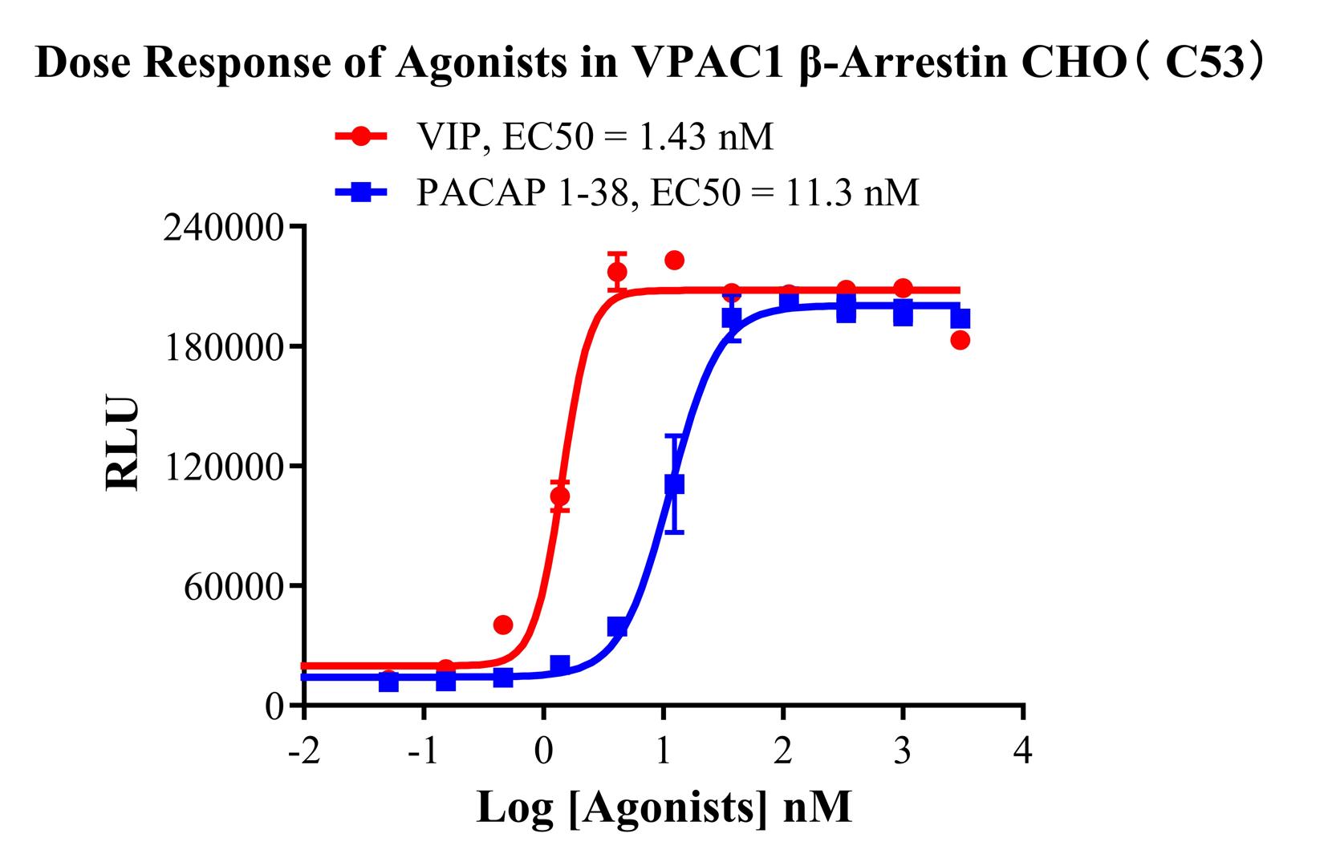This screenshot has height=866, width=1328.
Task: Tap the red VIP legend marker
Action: [x=361, y=136]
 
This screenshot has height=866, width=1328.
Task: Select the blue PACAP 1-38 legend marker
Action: [x=361, y=192]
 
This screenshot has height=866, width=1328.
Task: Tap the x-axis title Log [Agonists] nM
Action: [x=664, y=807]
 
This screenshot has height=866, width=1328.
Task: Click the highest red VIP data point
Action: [x=674, y=260]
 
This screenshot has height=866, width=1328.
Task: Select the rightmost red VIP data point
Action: [x=960, y=340]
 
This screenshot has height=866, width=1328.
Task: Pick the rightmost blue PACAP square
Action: [x=960, y=319]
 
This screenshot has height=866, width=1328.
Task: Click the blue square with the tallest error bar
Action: [x=674, y=484]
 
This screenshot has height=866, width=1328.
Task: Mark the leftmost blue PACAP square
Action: [x=388, y=682]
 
